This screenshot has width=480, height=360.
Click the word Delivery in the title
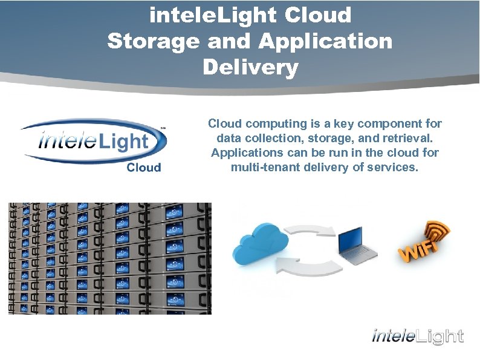tap(250, 67)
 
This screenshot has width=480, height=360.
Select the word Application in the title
tap(325, 41)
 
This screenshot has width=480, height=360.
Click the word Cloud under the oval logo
tap(144, 167)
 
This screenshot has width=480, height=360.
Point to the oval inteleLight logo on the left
tap(93, 141)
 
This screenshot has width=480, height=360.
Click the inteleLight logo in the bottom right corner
tap(418, 336)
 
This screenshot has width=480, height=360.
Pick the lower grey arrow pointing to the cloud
tap(306, 265)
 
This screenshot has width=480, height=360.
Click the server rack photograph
tap(109, 258)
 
